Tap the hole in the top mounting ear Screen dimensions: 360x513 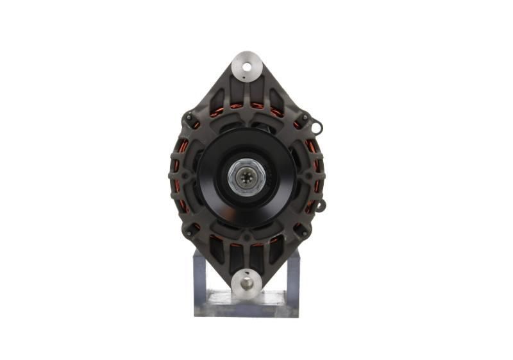247,64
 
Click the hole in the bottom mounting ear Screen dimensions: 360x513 247,280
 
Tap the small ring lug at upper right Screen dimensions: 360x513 317,128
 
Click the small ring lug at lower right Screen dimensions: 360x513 321,205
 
